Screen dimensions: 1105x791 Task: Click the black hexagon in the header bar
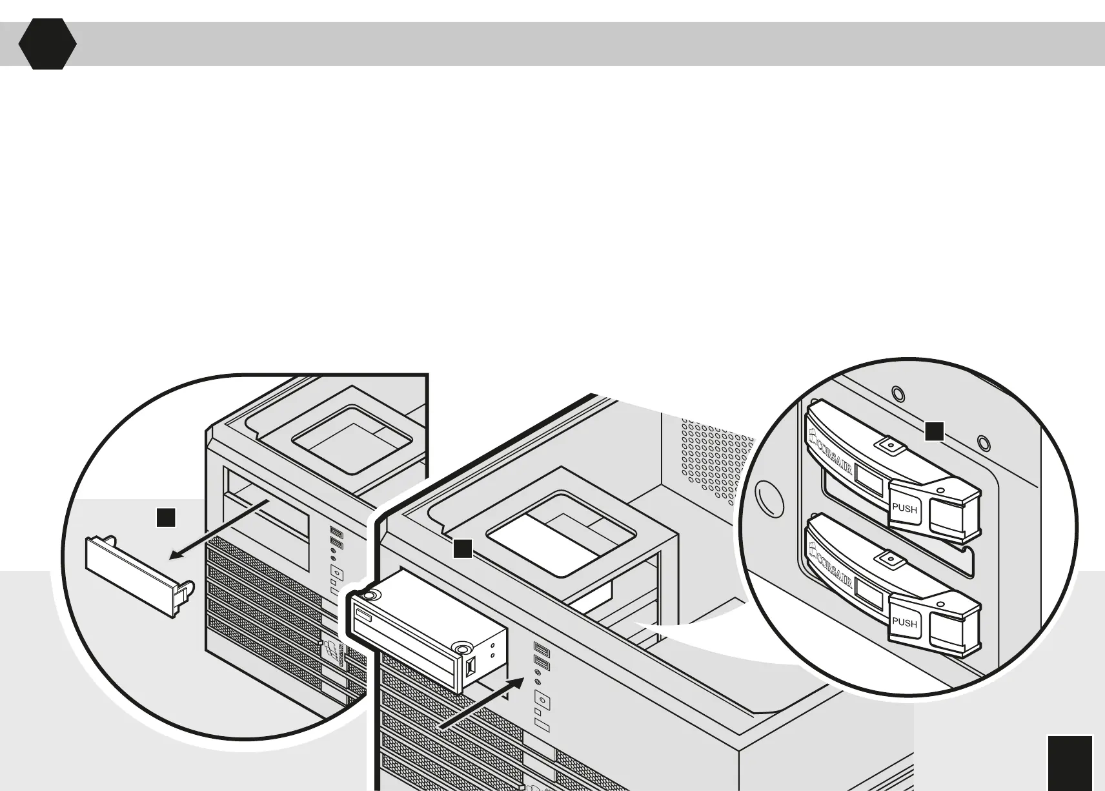point(47,44)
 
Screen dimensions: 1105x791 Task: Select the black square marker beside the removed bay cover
point(166,518)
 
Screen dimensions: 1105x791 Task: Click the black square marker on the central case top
point(462,549)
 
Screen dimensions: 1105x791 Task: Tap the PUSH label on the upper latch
point(904,508)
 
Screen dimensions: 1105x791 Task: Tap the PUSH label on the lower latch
point(904,622)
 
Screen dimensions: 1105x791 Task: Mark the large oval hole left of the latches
point(768,499)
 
